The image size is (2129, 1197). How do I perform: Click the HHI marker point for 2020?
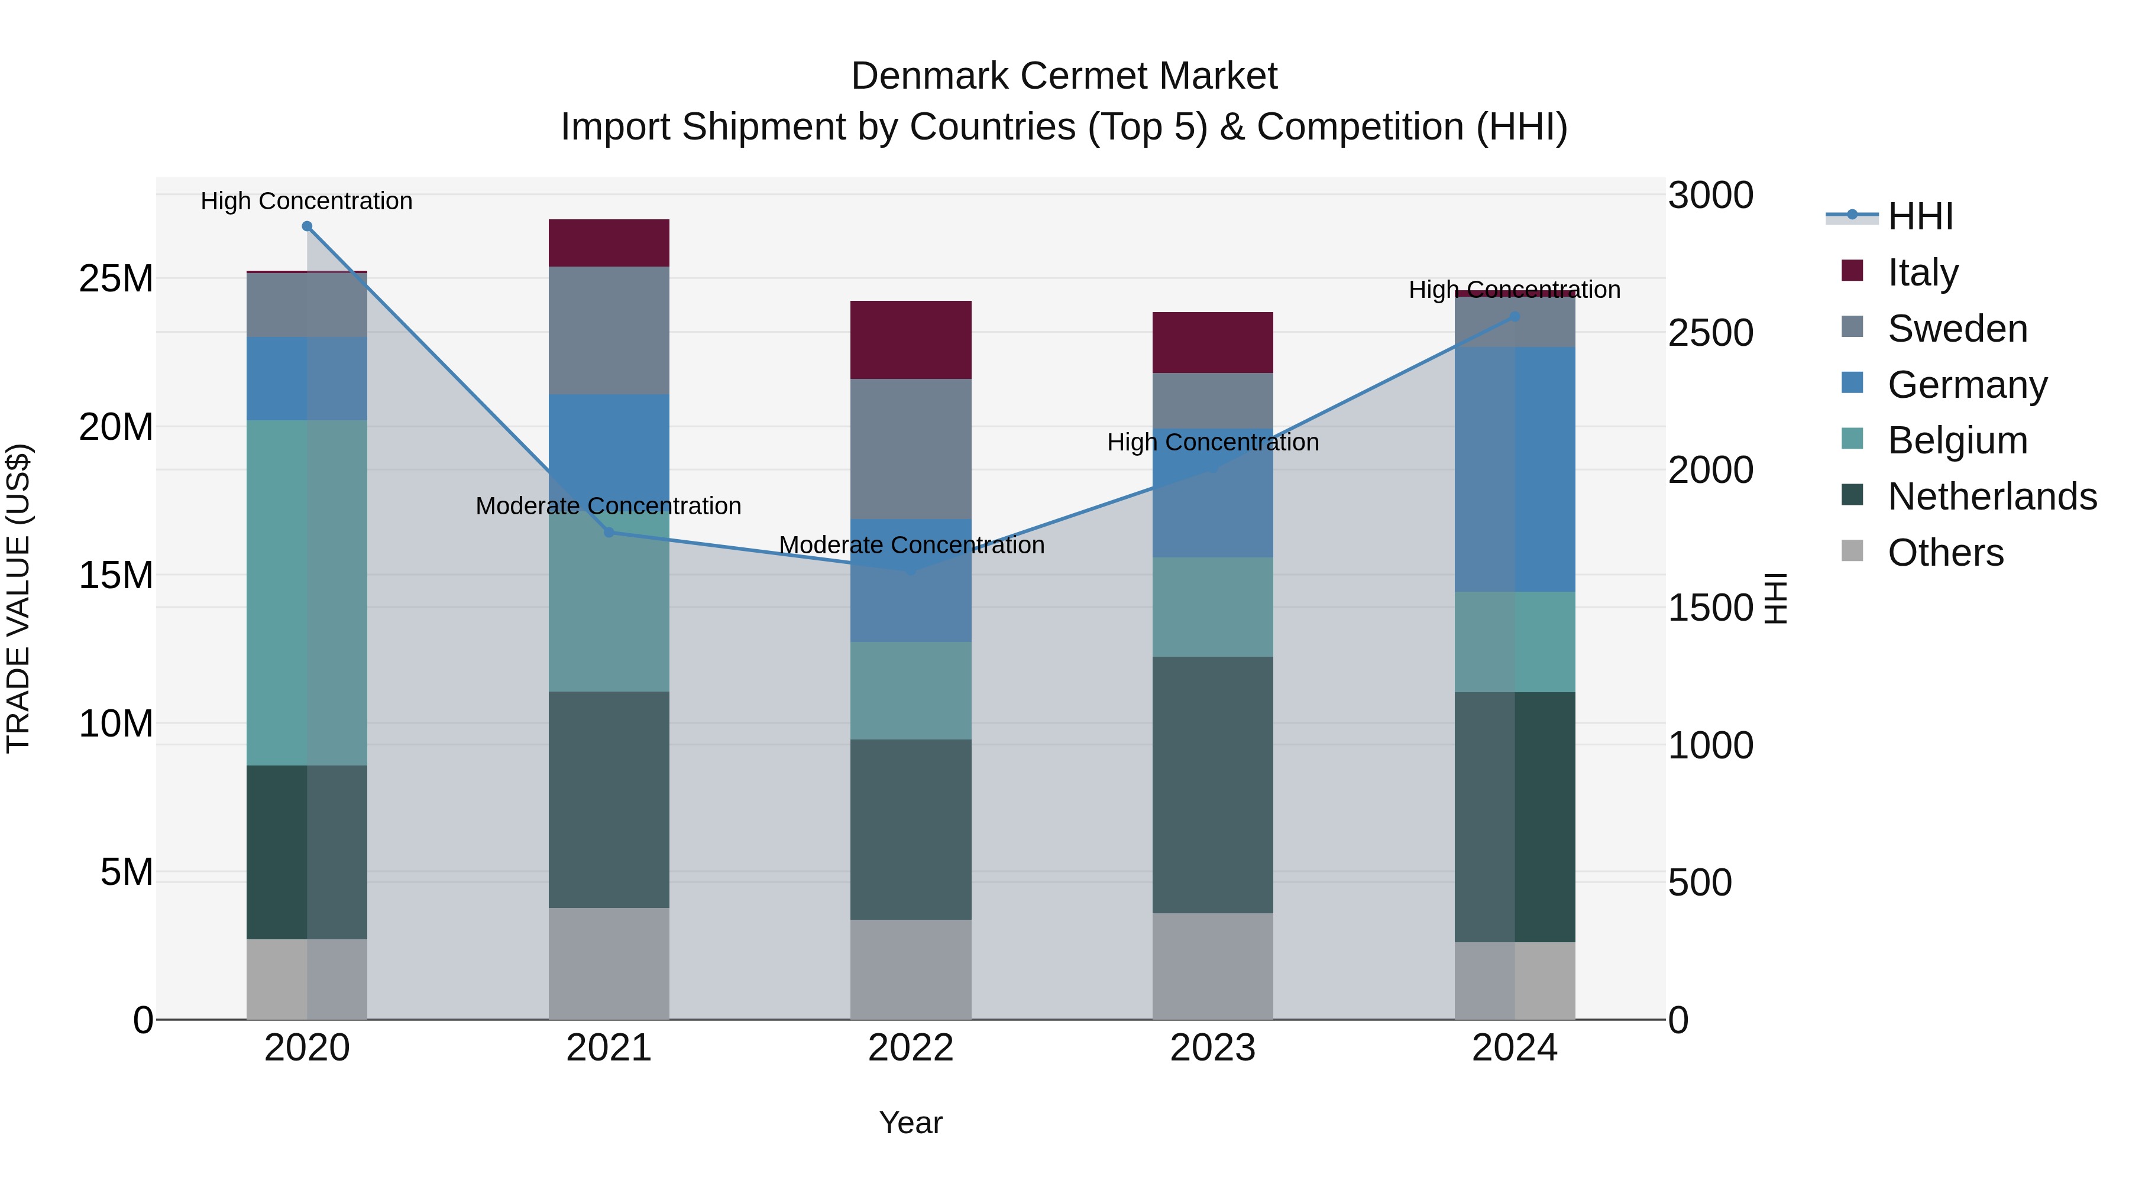306,226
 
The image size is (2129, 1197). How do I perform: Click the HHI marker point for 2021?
609,532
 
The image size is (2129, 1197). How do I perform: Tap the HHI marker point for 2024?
1515,316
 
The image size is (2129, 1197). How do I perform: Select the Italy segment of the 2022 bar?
911,339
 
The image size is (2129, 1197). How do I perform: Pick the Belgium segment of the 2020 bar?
306,592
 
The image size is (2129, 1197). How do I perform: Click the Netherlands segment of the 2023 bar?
1212,785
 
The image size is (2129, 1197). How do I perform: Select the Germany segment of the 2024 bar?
1515,469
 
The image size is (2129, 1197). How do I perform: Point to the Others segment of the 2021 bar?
609,964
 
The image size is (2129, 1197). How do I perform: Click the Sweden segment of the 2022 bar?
911,449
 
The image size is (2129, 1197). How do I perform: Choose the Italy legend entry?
1923,273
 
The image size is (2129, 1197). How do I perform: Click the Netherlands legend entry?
1992,497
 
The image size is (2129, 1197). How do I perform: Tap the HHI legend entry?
1920,216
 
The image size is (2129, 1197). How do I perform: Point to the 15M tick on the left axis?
116,575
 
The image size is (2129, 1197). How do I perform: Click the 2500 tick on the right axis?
1710,333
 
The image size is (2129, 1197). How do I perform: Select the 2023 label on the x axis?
1212,1048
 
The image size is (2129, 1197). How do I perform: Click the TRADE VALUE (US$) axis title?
18,598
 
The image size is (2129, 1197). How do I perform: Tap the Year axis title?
911,1123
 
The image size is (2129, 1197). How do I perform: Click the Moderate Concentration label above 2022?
911,545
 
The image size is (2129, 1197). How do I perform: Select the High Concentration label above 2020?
306,201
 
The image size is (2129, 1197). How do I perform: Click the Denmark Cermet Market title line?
1064,76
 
